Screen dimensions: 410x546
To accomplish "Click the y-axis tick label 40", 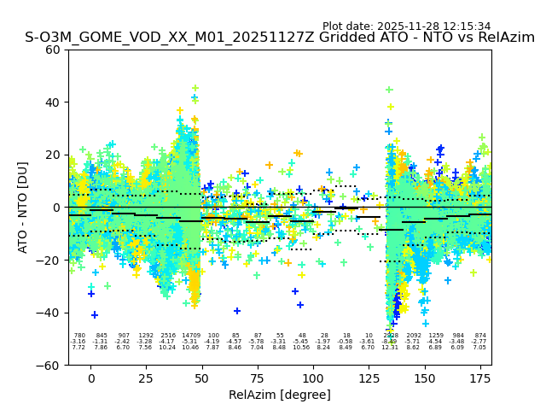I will [x=54, y=102].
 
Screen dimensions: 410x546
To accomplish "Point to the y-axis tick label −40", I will [x=50, y=313].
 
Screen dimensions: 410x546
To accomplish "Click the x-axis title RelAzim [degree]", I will [x=279, y=395].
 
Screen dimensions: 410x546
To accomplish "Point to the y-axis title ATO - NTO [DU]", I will [x=23, y=208].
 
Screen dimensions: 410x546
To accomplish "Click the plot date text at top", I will [x=406, y=26].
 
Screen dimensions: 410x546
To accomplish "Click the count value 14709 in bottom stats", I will [x=190, y=336].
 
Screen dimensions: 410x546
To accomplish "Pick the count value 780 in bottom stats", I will [x=79, y=336].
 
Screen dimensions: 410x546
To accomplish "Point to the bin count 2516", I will [x=168, y=336].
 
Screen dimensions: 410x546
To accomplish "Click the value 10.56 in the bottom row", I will [x=302, y=348].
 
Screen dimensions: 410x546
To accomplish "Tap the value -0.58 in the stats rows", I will [x=346, y=342].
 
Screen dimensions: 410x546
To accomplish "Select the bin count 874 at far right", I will [x=480, y=336].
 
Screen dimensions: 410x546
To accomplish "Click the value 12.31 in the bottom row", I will [x=390, y=348].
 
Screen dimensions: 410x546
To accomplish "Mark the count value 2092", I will [x=414, y=336].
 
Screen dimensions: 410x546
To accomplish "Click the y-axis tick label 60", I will [x=54, y=50].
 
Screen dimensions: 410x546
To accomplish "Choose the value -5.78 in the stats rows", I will [x=257, y=342].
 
